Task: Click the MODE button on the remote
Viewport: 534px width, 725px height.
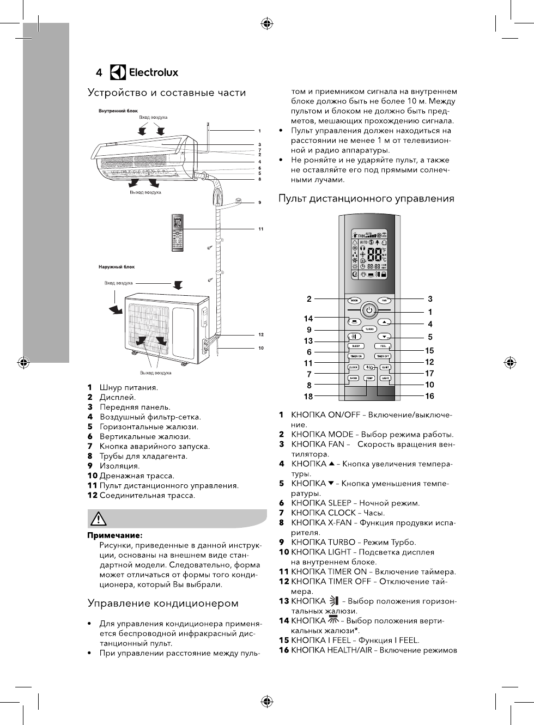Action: (354, 300)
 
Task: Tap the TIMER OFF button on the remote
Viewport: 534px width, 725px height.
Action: (383, 356)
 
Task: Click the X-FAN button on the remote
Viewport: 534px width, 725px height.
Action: (354, 378)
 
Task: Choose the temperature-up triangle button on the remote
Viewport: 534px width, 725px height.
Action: (384, 322)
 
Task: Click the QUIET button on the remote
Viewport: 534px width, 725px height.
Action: (385, 367)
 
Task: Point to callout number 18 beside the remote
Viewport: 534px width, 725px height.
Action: (308, 397)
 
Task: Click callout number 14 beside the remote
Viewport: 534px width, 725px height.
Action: (308, 319)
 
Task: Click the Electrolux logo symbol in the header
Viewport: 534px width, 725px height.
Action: (118, 72)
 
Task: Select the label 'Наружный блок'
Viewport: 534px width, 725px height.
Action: (117, 267)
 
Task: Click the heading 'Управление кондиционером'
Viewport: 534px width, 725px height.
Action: (163, 603)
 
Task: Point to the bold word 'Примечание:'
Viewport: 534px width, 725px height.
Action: (115, 535)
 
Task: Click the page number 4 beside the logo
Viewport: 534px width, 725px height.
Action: (99, 72)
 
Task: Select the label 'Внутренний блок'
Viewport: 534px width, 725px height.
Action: (118, 111)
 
